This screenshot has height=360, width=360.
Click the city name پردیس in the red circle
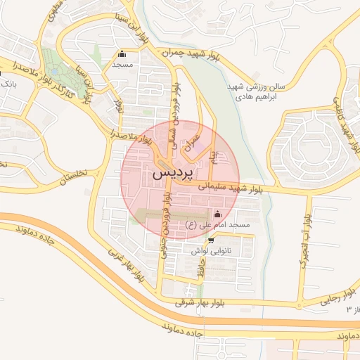pos(171,172)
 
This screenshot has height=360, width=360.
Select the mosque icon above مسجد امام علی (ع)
pos(217,214)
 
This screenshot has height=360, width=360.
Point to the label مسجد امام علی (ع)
pos(217,224)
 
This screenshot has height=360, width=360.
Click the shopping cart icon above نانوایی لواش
pos(212,240)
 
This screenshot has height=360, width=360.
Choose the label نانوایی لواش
pos(212,250)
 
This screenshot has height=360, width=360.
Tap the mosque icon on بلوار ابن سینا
pos(123,53)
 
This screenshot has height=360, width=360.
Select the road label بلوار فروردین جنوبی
pos(166,225)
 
